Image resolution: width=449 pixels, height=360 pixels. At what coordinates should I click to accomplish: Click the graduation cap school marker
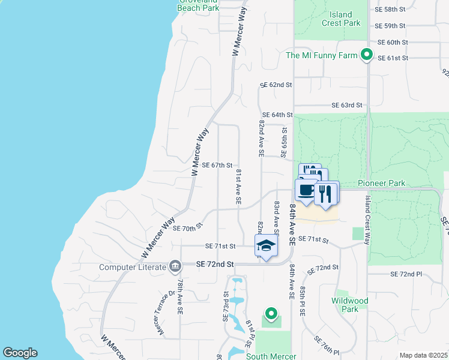[267, 245]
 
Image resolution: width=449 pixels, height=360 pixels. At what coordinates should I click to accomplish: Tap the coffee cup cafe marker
[306, 190]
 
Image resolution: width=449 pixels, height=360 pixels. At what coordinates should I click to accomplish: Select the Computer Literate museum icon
[175, 265]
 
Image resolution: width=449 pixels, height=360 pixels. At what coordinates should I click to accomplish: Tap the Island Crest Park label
[341, 19]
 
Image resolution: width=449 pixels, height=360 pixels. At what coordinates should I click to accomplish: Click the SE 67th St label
[217, 165]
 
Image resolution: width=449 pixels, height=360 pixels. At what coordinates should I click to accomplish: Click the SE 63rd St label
[348, 105]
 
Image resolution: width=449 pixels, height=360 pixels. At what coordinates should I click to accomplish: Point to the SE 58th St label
[390, 10]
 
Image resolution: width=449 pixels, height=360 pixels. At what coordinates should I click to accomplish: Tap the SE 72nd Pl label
[406, 274]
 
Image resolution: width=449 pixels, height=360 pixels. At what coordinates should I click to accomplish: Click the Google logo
[20, 353]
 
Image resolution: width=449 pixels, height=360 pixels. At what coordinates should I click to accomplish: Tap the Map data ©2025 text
[423, 355]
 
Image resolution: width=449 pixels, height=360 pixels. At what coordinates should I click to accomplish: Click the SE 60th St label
[393, 43]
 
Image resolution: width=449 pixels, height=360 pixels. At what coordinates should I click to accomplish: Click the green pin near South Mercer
[271, 313]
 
